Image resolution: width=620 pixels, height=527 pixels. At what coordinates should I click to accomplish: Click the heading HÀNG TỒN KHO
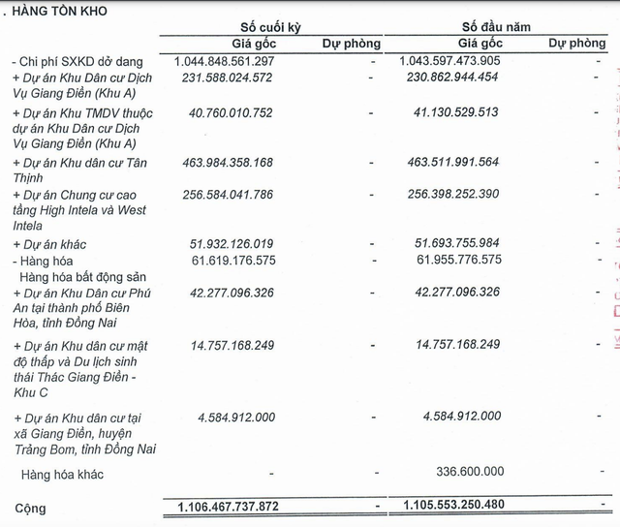[x=59, y=11]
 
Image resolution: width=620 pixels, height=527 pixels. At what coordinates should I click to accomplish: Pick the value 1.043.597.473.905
[x=450, y=61]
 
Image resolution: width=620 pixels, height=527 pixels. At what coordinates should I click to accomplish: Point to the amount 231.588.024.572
[x=236, y=78]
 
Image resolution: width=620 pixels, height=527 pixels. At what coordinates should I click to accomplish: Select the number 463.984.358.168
[x=236, y=163]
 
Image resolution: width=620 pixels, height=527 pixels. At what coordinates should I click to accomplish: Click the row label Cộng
[x=30, y=508]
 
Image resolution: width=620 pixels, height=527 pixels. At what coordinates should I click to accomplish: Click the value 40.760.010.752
[x=240, y=112]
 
